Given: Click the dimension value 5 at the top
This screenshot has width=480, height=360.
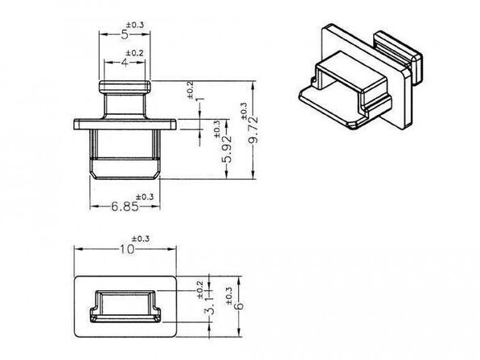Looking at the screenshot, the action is coord(125,35).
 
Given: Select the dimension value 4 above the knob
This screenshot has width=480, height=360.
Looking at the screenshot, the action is coord(125,63).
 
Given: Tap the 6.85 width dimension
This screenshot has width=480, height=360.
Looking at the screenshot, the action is coord(125,207).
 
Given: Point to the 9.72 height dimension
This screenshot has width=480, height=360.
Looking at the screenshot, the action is coord(254,130).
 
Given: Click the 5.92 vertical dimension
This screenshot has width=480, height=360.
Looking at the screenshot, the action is coord(227,149).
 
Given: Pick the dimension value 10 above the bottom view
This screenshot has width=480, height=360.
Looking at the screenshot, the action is coord(127,249).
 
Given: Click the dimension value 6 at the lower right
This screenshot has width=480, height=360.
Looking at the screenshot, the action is coord(239,305).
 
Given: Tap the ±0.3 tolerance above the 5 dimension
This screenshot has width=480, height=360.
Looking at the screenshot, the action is coord(135,25).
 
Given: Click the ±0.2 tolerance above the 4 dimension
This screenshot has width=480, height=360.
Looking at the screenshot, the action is coord(135,53).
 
